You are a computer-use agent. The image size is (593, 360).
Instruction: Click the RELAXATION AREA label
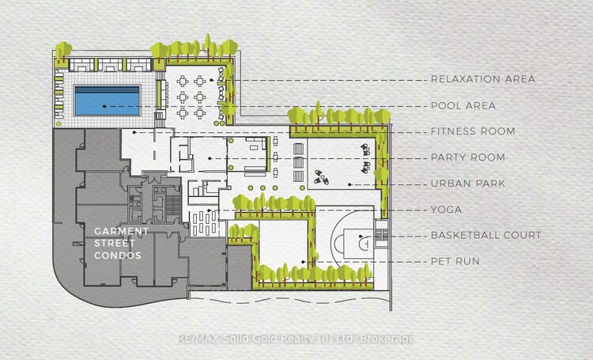point(483,79)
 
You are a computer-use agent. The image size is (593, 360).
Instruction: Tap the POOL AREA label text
point(463,105)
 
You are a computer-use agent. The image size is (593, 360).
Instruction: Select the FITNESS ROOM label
point(473,131)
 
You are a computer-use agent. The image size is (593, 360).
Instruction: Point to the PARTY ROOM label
point(468,157)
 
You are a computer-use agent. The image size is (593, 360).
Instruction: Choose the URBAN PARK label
point(468,184)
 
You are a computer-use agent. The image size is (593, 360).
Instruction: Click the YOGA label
point(446,210)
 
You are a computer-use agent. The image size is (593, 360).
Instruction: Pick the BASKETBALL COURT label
point(486,235)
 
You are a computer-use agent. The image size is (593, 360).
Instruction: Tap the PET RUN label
point(455,261)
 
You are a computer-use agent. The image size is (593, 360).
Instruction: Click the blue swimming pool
point(108,100)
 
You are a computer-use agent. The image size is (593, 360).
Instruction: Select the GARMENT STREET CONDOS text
point(121,244)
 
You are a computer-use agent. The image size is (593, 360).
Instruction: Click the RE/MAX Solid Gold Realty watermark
point(296,339)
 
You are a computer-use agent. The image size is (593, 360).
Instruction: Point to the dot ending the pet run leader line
point(304,262)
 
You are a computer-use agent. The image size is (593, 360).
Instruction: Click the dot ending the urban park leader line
point(349,184)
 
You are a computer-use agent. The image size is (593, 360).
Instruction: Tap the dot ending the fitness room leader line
point(134,132)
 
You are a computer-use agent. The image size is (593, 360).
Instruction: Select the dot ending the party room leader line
point(210,158)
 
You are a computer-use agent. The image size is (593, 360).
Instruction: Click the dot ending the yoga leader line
point(209,210)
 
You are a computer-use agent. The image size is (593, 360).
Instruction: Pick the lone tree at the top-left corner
point(63,51)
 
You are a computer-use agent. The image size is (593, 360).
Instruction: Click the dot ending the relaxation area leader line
point(211,80)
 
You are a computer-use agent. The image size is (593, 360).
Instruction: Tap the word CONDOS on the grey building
point(118,256)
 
